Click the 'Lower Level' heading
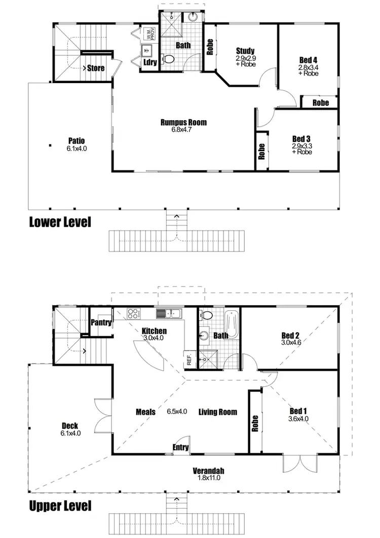[x=60, y=222]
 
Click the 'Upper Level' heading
[x=60, y=505]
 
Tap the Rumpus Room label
[x=183, y=122]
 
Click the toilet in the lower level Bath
[x=169, y=60]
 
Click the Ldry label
[x=150, y=62]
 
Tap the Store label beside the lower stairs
[x=96, y=67]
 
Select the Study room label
[x=245, y=51]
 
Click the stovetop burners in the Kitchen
[x=134, y=314]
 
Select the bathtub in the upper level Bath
[x=231, y=322]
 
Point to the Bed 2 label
[x=291, y=335]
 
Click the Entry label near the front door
[x=181, y=447]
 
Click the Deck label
[x=70, y=426]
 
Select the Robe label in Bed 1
[x=255, y=423]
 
